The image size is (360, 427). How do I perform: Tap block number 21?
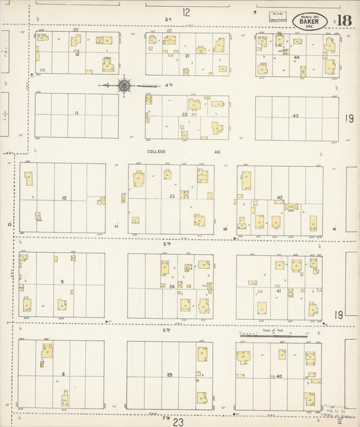click(x=186, y=55)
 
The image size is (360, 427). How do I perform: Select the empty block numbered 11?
click(x=77, y=113)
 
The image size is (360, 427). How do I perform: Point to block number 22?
click(x=184, y=115)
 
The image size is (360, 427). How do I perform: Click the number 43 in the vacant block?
click(x=295, y=116)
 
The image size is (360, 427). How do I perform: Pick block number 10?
click(x=63, y=197)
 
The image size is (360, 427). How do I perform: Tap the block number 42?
click(x=279, y=197)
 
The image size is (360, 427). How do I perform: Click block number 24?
click(x=172, y=286)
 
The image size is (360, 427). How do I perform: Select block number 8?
click(x=63, y=374)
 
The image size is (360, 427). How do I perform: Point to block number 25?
click(x=170, y=374)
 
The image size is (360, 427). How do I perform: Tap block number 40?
click(x=278, y=375)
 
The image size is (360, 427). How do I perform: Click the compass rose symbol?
click(x=124, y=86)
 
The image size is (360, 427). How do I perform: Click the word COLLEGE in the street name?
click(x=156, y=152)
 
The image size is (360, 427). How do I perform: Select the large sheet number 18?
click(x=344, y=19)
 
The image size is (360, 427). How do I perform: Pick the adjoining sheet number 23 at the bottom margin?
click(x=178, y=422)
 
